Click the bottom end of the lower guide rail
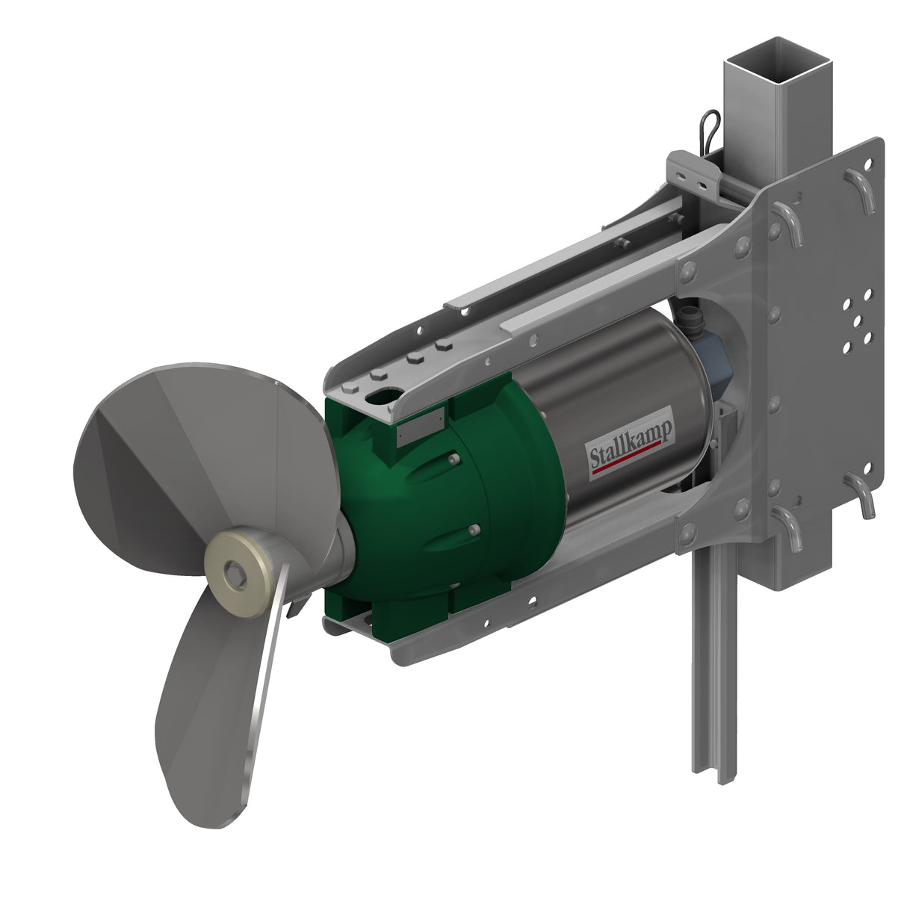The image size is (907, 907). point(723,777)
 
